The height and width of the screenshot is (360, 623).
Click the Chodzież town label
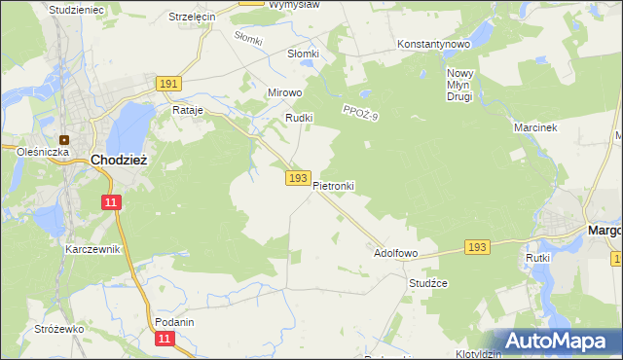119,160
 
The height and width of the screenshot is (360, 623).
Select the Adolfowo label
396,253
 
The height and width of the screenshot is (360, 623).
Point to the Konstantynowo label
434,45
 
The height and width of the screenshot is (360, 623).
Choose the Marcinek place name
534,127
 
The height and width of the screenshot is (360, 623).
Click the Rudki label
297,118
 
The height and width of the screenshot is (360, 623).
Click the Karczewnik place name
92,249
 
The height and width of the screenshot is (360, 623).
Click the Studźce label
427,283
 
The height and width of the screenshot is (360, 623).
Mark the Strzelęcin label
192,18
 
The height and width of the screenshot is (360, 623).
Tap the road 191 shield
167,85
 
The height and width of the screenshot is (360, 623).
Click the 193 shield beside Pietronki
299,178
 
